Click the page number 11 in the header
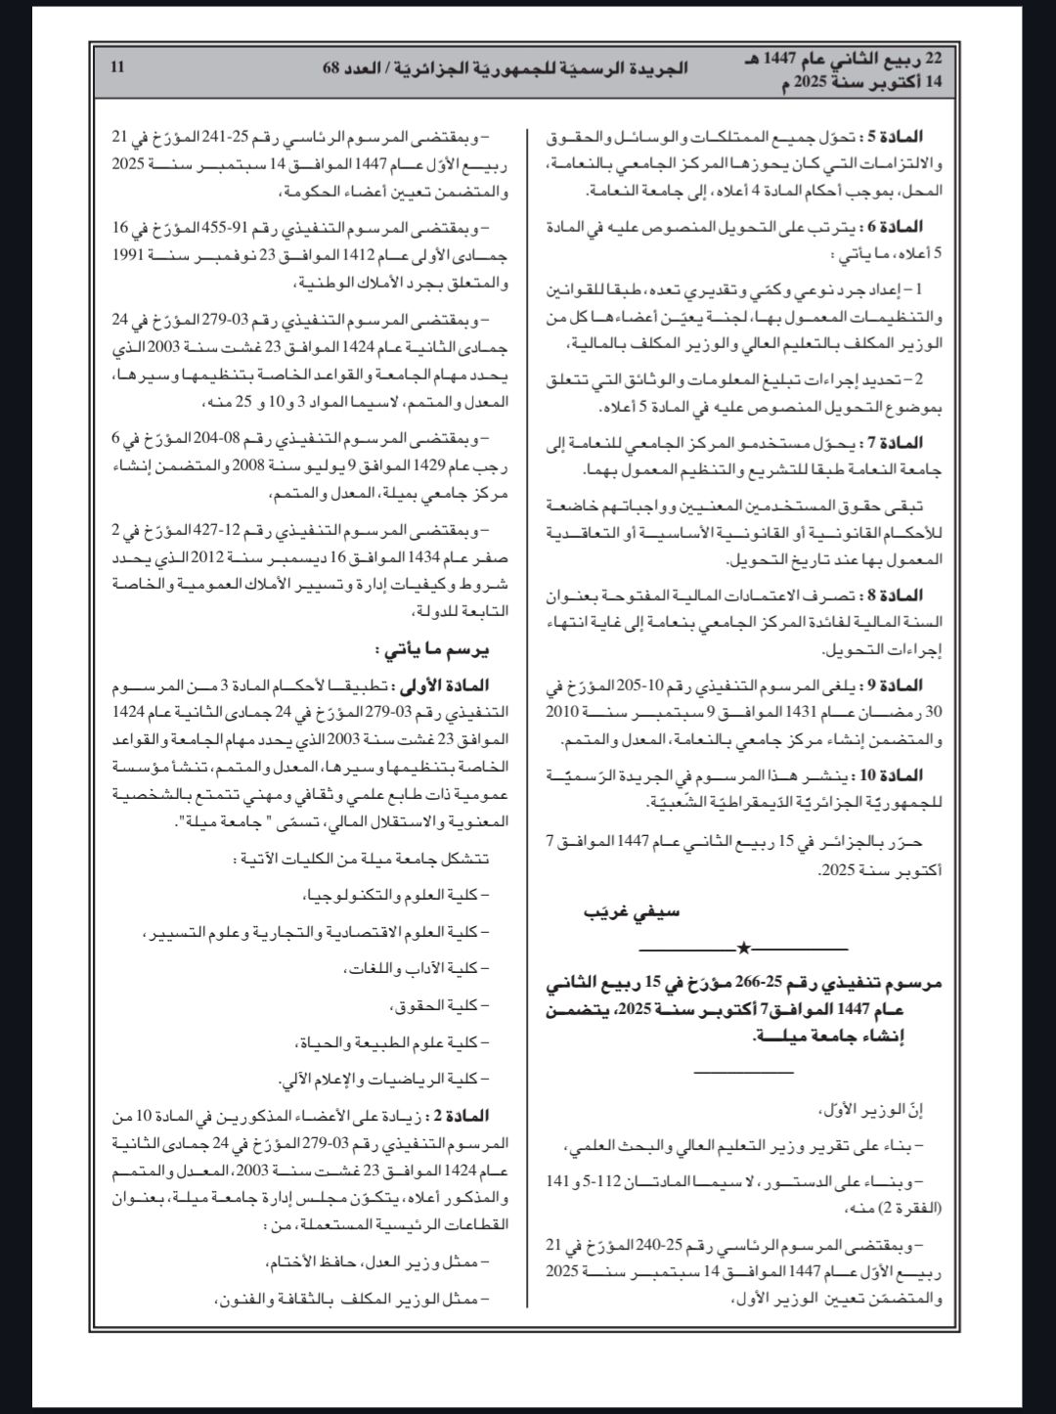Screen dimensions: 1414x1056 coord(118,67)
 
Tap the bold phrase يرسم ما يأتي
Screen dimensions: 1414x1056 coord(433,648)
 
